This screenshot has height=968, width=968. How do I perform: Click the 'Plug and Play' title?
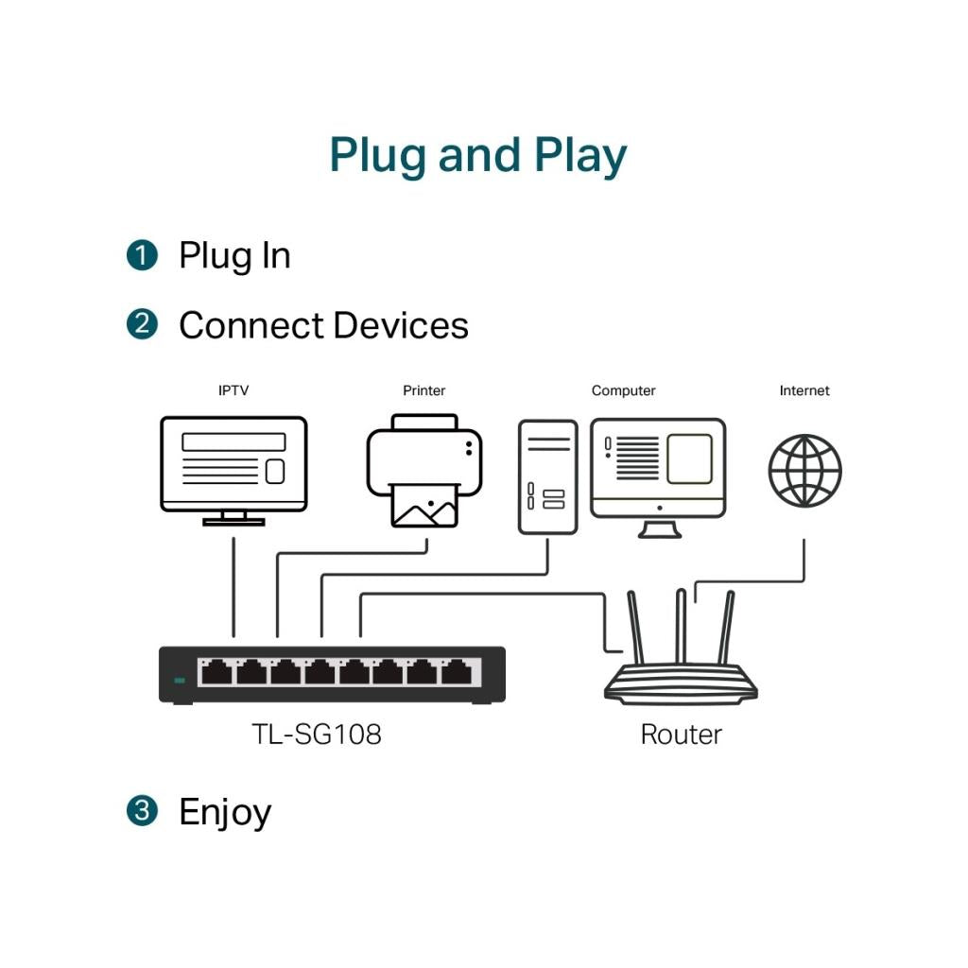477,156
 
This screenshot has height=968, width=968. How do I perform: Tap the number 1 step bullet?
142,255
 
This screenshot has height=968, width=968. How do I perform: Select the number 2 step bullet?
142,324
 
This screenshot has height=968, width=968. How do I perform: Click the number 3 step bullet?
142,811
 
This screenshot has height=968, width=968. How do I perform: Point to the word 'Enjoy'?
225,813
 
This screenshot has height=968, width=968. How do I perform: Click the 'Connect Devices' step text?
323,325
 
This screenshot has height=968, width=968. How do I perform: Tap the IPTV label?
233,390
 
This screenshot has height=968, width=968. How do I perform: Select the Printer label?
423,390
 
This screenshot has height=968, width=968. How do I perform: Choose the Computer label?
623,390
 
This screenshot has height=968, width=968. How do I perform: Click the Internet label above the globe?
804,390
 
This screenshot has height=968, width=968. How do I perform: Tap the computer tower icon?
547,476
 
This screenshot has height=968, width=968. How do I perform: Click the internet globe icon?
804,471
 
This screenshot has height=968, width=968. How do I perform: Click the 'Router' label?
681,735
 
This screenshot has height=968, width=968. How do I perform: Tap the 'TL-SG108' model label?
317,735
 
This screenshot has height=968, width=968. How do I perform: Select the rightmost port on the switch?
460,672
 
